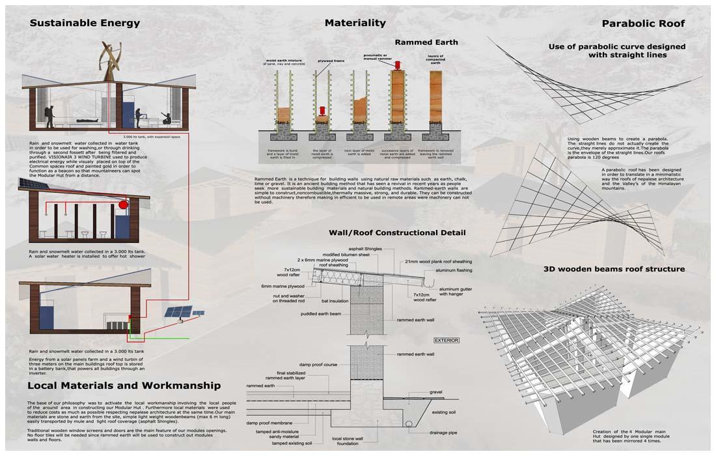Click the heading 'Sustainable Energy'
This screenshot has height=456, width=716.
[85, 23]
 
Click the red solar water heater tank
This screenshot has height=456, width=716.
[123, 205]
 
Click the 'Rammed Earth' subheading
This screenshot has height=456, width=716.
[426, 42]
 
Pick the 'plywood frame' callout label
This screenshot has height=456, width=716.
[331, 61]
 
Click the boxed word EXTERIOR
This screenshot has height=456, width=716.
[447, 340]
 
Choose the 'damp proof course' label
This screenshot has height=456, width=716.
[318, 365]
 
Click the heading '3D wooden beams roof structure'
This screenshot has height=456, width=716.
[614, 269]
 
